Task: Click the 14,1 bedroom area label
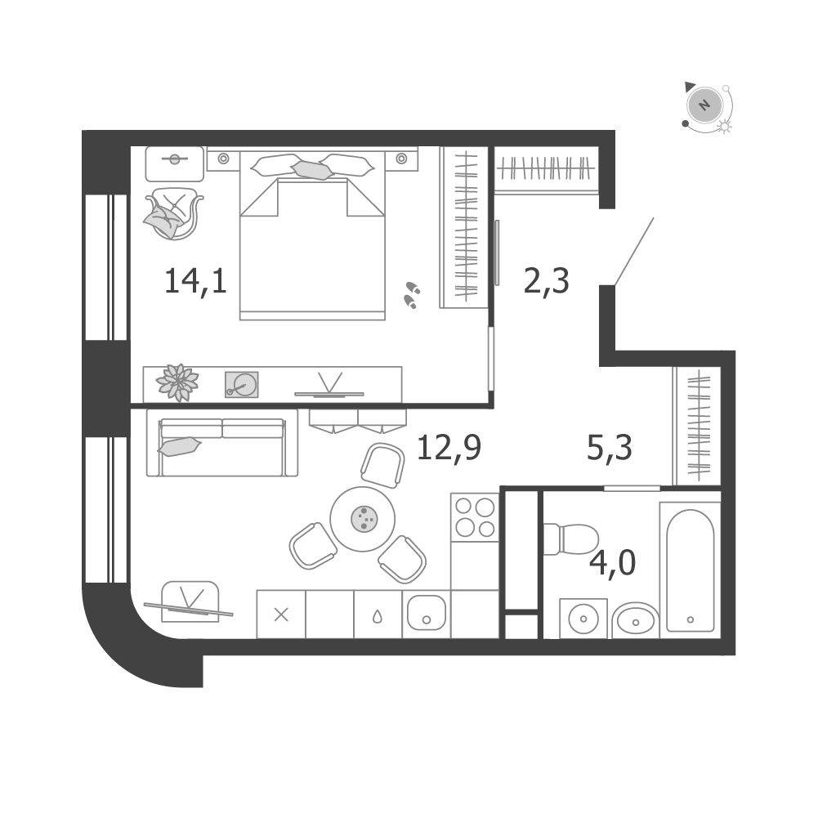[x=195, y=282]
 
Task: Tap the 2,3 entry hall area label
[x=546, y=282]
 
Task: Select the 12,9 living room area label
[x=449, y=448]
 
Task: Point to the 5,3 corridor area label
[x=610, y=448]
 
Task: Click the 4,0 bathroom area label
[x=612, y=563]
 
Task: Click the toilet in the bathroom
[x=570, y=539]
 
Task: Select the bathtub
[x=691, y=570]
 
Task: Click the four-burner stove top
[x=475, y=517]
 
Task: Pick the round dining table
[x=363, y=519]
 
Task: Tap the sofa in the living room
[x=222, y=443]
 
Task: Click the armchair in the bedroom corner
[x=173, y=213]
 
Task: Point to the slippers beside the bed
[x=412, y=295]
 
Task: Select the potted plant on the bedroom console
[x=178, y=382]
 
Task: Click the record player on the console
[x=242, y=384]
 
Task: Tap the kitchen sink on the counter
[x=427, y=614]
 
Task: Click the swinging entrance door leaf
[x=634, y=252]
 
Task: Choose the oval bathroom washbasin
[x=635, y=621]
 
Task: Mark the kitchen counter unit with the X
[x=281, y=614]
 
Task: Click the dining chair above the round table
[x=383, y=465]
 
